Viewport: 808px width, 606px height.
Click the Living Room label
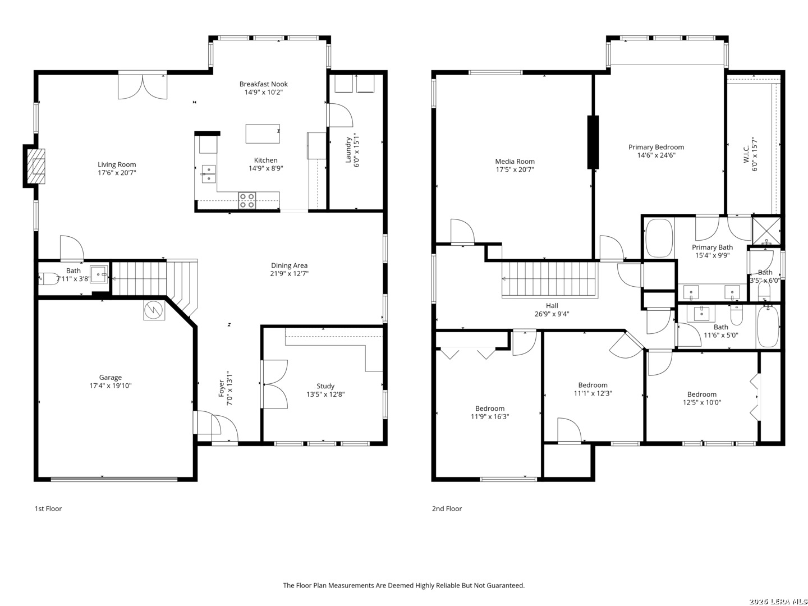117,164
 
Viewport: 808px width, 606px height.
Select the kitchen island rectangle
263,134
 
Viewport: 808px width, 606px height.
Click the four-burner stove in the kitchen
247,200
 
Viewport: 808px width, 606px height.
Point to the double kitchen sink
209,174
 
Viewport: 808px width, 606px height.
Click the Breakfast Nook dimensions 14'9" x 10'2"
264,92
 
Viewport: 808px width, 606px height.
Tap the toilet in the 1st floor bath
47,278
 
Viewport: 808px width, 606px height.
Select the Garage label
110,377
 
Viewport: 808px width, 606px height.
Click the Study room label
325,386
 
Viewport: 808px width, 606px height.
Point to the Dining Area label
290,265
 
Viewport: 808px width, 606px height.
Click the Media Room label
515,161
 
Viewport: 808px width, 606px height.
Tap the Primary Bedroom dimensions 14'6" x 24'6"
656,155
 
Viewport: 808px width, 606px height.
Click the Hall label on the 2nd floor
552,305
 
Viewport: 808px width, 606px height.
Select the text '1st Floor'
48,508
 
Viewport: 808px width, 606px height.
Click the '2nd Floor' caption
447,508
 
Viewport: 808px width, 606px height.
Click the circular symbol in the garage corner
153,310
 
